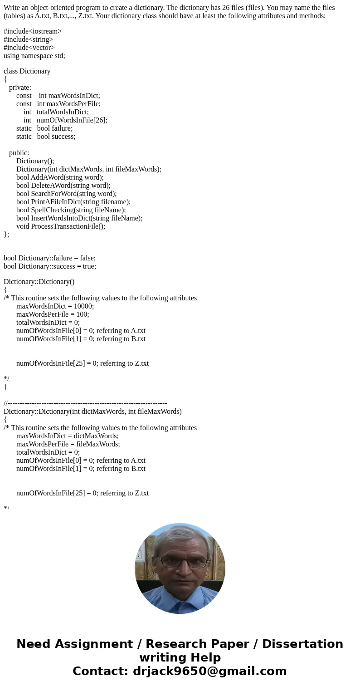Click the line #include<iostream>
tap(33, 31)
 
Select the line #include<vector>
tap(29, 48)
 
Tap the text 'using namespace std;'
tap(34, 56)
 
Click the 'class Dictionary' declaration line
tap(27, 71)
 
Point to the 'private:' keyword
tap(20, 88)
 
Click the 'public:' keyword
tap(19, 153)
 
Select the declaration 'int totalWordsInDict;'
tap(56, 112)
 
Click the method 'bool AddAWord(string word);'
tap(60, 177)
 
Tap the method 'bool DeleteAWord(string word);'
tap(63, 186)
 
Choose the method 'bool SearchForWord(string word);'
tap(67, 194)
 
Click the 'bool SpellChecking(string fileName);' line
tap(71, 210)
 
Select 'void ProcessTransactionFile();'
tap(61, 226)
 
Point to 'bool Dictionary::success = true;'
tap(50, 266)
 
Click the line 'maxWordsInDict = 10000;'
tap(55, 306)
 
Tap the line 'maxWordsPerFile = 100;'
tap(53, 314)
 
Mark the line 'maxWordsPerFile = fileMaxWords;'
tap(68, 444)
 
